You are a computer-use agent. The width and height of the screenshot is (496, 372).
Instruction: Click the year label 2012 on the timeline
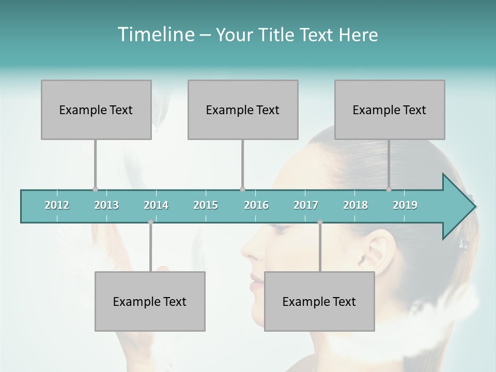pos(57,205)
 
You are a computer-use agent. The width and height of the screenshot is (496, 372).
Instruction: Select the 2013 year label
pos(106,205)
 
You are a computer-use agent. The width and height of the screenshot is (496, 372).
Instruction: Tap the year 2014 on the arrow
pos(156,205)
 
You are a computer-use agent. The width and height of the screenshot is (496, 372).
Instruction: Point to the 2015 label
pos(206,205)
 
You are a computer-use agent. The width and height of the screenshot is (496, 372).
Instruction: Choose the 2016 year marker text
pos(256,205)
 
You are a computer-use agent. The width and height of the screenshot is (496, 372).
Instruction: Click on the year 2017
pos(306,205)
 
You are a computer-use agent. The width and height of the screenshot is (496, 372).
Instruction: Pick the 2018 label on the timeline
pos(355,205)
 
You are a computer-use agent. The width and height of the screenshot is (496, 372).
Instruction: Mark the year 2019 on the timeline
pos(405,205)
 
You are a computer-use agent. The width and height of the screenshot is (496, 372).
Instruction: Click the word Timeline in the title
pos(155,34)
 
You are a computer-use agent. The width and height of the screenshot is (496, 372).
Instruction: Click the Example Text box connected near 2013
pos(96,110)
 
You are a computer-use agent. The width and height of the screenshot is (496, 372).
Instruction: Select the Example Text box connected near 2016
pos(243,110)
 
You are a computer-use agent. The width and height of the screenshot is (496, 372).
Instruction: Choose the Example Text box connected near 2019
pos(390,110)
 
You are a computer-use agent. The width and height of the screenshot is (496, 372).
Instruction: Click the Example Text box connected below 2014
pos(150,301)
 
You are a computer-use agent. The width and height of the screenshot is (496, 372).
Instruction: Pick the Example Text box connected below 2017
pos(319,301)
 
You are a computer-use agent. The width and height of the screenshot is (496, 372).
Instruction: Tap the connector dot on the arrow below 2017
pos(320,222)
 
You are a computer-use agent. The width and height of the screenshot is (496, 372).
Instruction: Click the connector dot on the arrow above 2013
pos(95,189)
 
